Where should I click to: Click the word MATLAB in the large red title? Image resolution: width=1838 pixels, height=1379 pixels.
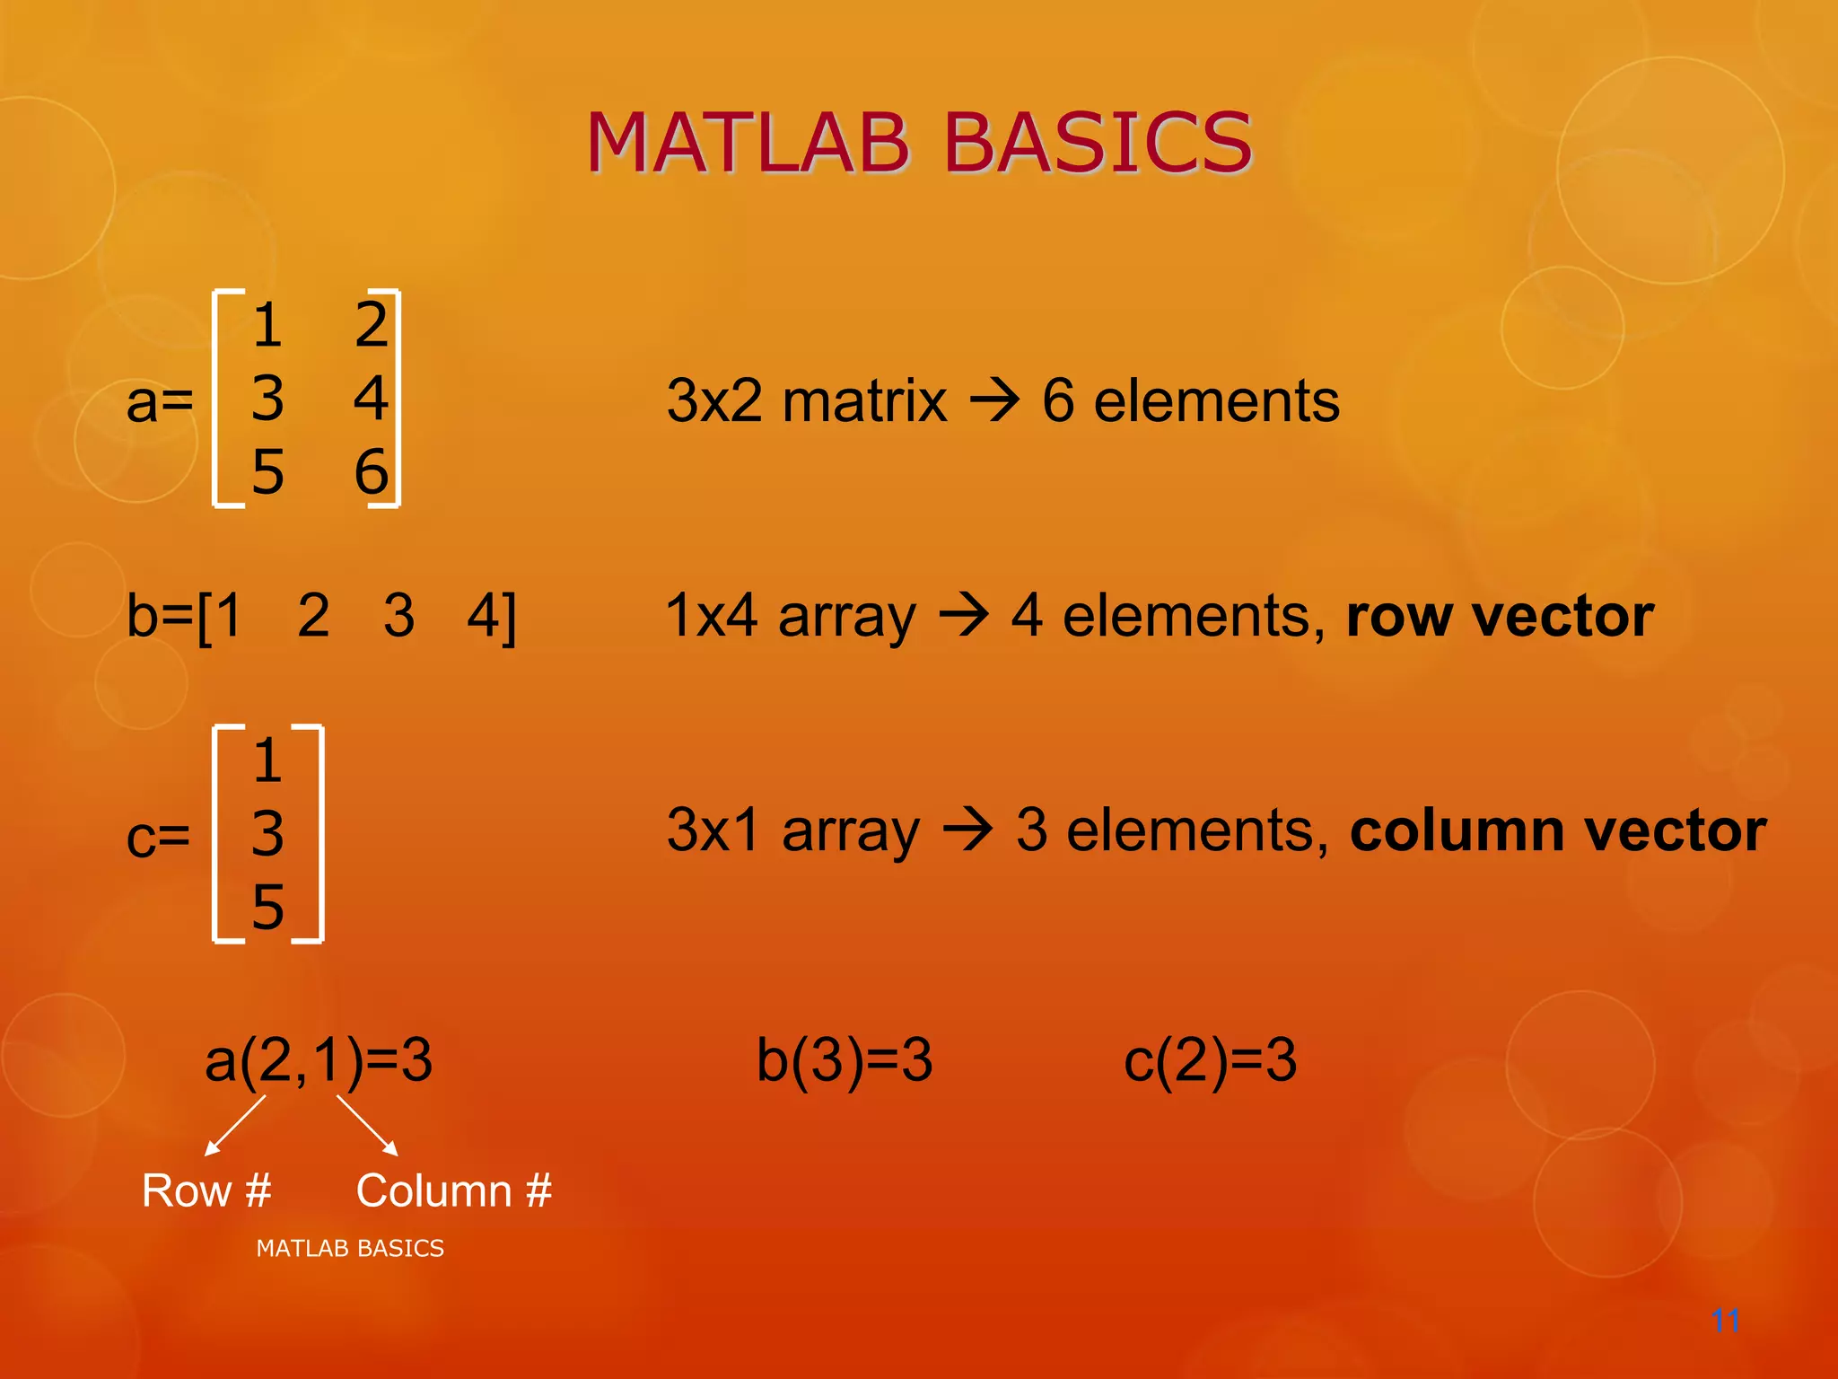[x=748, y=143]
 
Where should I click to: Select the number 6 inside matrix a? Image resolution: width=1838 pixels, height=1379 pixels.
[x=371, y=471]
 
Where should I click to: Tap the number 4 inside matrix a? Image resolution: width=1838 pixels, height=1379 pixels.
[x=371, y=398]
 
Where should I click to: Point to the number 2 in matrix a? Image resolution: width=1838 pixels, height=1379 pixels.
[x=371, y=324]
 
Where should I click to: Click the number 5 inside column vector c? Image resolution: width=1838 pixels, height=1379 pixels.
[x=267, y=907]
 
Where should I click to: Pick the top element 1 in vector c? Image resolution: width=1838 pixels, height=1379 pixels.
[x=267, y=760]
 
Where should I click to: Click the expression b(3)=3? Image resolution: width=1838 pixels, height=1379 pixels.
[x=845, y=1059]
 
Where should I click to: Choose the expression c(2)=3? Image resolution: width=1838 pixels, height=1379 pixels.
[x=1210, y=1059]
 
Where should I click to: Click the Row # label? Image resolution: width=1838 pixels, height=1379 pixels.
[x=206, y=1190]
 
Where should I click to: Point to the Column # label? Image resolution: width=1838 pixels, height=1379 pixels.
[x=453, y=1190]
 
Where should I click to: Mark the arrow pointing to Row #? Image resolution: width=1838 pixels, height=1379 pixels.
[x=235, y=1125]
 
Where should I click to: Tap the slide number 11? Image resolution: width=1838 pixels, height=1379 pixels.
[x=1725, y=1321]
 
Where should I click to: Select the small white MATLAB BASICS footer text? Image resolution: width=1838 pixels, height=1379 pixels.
[x=350, y=1248]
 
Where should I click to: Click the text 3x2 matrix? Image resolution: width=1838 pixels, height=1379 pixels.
[x=806, y=400]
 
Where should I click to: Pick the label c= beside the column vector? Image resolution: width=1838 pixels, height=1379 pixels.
[x=158, y=837]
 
